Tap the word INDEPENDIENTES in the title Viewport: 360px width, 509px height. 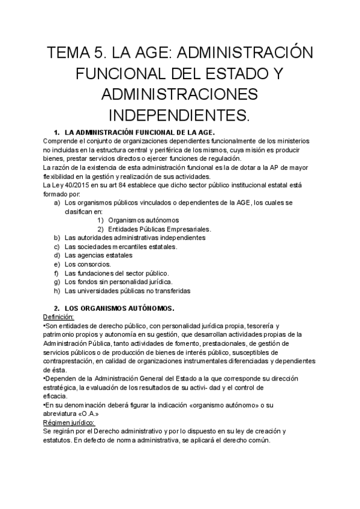[180, 114]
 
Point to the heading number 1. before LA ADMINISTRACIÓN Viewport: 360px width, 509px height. [56, 131]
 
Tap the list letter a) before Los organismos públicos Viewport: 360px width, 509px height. [56, 203]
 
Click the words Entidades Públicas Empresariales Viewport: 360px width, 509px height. [160, 229]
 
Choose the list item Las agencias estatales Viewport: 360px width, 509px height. [98, 255]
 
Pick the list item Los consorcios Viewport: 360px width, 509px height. [88, 264]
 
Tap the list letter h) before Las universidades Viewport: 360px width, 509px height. [56, 291]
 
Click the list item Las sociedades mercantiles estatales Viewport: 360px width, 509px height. [112, 247]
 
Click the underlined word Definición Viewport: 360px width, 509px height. [59, 316]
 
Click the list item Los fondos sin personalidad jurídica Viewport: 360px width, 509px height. [118, 282]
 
